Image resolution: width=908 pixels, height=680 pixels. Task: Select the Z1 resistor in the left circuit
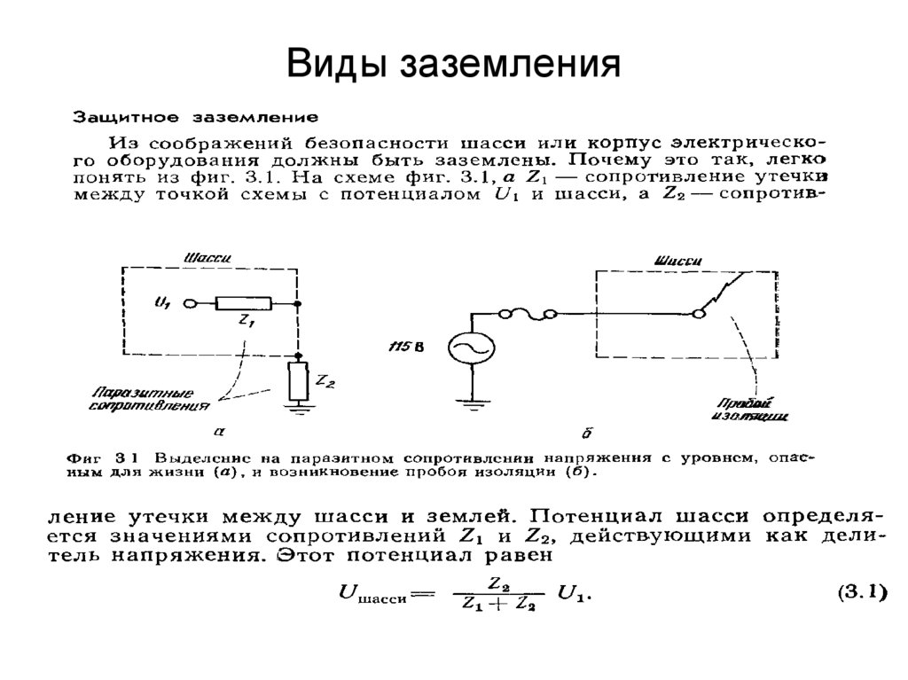(x=240, y=304)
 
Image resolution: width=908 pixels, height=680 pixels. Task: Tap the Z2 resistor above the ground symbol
(x=298, y=380)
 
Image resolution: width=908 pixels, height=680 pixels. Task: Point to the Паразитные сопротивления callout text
(x=150, y=399)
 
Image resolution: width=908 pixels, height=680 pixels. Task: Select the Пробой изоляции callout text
(x=750, y=407)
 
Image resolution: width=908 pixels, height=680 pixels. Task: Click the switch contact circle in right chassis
(x=699, y=312)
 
